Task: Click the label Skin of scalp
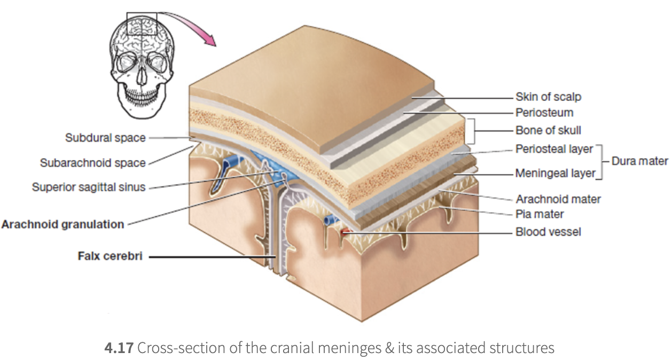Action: point(548,97)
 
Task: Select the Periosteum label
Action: point(544,113)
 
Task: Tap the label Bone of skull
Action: point(548,130)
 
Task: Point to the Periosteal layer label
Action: point(554,149)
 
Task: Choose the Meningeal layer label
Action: point(555,173)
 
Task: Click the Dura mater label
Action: point(639,161)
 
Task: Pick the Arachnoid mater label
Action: point(558,199)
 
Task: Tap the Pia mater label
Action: point(540,215)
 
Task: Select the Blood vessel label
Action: point(548,232)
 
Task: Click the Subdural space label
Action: point(105,138)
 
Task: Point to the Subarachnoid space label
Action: point(92,162)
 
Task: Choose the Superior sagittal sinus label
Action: point(89,187)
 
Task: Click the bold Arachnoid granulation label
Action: point(62,224)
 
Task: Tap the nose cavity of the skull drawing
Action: point(142,75)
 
